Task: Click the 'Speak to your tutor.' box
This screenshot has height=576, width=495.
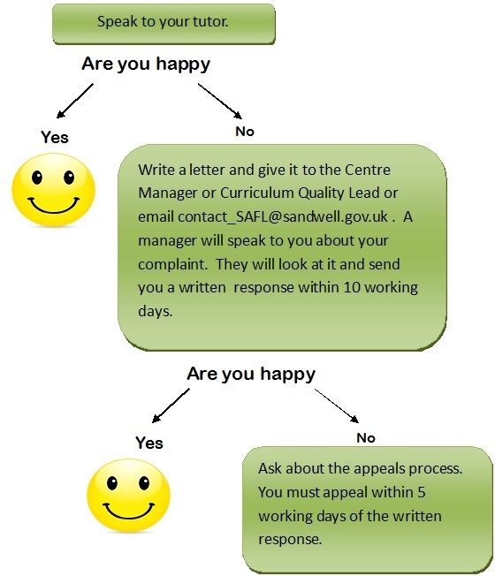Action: point(164,24)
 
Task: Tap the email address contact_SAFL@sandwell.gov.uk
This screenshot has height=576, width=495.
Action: point(282,216)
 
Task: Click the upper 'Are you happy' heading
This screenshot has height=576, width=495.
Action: point(146,64)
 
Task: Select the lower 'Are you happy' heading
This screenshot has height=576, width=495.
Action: point(251,375)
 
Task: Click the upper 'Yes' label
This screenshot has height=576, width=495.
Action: point(55,138)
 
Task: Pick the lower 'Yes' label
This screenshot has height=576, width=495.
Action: point(149,443)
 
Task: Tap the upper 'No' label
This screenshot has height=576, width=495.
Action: point(245,132)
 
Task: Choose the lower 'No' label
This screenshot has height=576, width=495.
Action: point(366,438)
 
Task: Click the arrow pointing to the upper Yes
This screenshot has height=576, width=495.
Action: point(75,101)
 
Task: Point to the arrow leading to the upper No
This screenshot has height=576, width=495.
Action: point(220,101)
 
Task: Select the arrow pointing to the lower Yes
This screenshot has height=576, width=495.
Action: point(171,405)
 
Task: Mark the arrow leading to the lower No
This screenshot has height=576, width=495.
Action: point(337,405)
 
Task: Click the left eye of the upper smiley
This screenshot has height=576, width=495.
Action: point(37,178)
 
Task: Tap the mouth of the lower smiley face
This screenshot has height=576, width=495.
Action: point(129,511)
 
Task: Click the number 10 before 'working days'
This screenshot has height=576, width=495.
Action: point(352,287)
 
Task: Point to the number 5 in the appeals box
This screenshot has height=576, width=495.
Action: point(421,492)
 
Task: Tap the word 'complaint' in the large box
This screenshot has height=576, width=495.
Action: point(172,265)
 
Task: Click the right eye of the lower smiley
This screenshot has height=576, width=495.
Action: point(144,483)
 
